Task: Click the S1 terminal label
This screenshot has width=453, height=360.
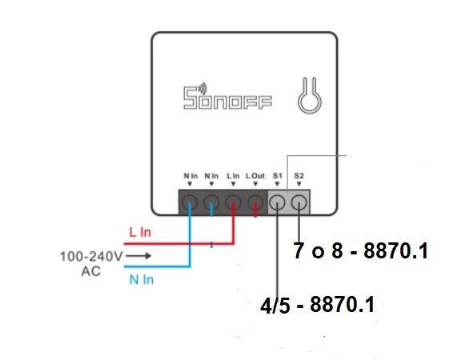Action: click(x=278, y=176)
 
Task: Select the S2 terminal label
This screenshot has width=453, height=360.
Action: click(x=299, y=176)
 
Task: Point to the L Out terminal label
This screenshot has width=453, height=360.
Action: click(x=255, y=176)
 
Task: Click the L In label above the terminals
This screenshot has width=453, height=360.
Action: click(x=233, y=176)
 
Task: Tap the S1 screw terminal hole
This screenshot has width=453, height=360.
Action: click(x=277, y=202)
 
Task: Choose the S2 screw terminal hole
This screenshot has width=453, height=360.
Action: click(x=299, y=202)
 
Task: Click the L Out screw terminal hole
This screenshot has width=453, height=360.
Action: click(x=255, y=202)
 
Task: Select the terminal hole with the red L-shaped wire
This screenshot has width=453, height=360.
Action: click(x=234, y=202)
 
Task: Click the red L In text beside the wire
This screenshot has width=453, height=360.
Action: click(x=140, y=232)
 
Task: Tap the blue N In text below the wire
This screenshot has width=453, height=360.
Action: click(x=142, y=280)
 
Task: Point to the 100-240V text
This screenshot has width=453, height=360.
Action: click(x=91, y=256)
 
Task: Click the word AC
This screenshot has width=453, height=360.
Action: click(x=91, y=271)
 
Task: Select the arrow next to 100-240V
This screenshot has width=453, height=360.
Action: click(x=138, y=256)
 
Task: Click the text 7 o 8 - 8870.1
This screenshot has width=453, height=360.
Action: click(x=360, y=250)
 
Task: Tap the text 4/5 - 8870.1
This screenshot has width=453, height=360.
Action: click(x=317, y=305)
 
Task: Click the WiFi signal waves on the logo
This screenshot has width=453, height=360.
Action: click(x=203, y=88)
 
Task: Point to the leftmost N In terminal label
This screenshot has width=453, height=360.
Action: click(x=190, y=176)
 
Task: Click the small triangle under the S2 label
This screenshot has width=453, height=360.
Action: click(x=299, y=184)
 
